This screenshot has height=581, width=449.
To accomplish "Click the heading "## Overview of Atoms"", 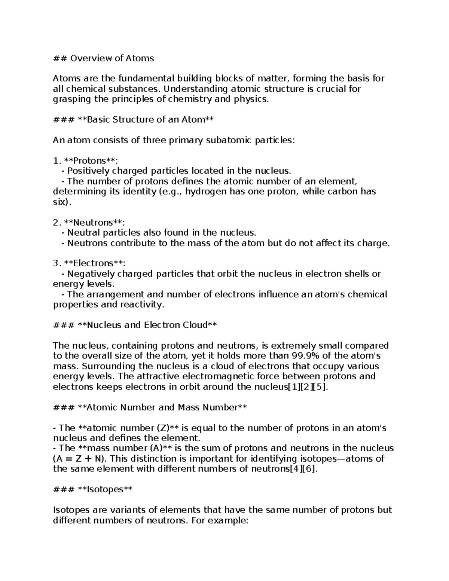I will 103,58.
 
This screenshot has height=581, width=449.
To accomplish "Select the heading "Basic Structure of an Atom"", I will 133,120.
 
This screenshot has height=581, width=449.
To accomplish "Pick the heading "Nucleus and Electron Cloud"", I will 135,325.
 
